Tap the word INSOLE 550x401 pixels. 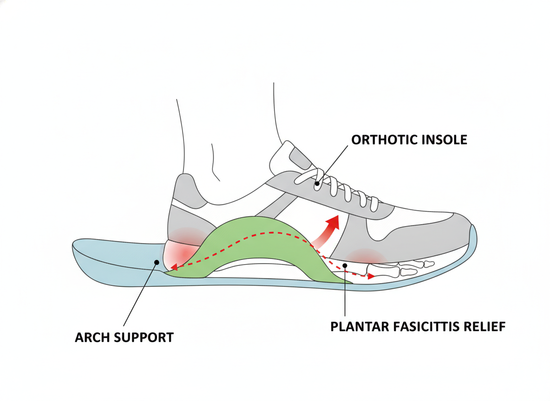[x=444, y=140]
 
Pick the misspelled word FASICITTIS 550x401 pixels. [x=426, y=327]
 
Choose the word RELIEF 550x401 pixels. [x=485, y=327]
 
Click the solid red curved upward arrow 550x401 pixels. [x=326, y=231]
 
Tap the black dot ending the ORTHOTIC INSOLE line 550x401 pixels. [x=317, y=183]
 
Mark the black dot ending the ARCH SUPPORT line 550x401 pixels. [x=157, y=262]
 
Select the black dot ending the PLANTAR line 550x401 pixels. [x=345, y=265]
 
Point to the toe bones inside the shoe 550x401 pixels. [x=400, y=269]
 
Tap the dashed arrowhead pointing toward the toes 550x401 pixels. [x=371, y=277]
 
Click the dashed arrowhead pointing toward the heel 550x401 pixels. [x=174, y=268]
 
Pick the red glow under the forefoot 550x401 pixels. [x=365, y=256]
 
